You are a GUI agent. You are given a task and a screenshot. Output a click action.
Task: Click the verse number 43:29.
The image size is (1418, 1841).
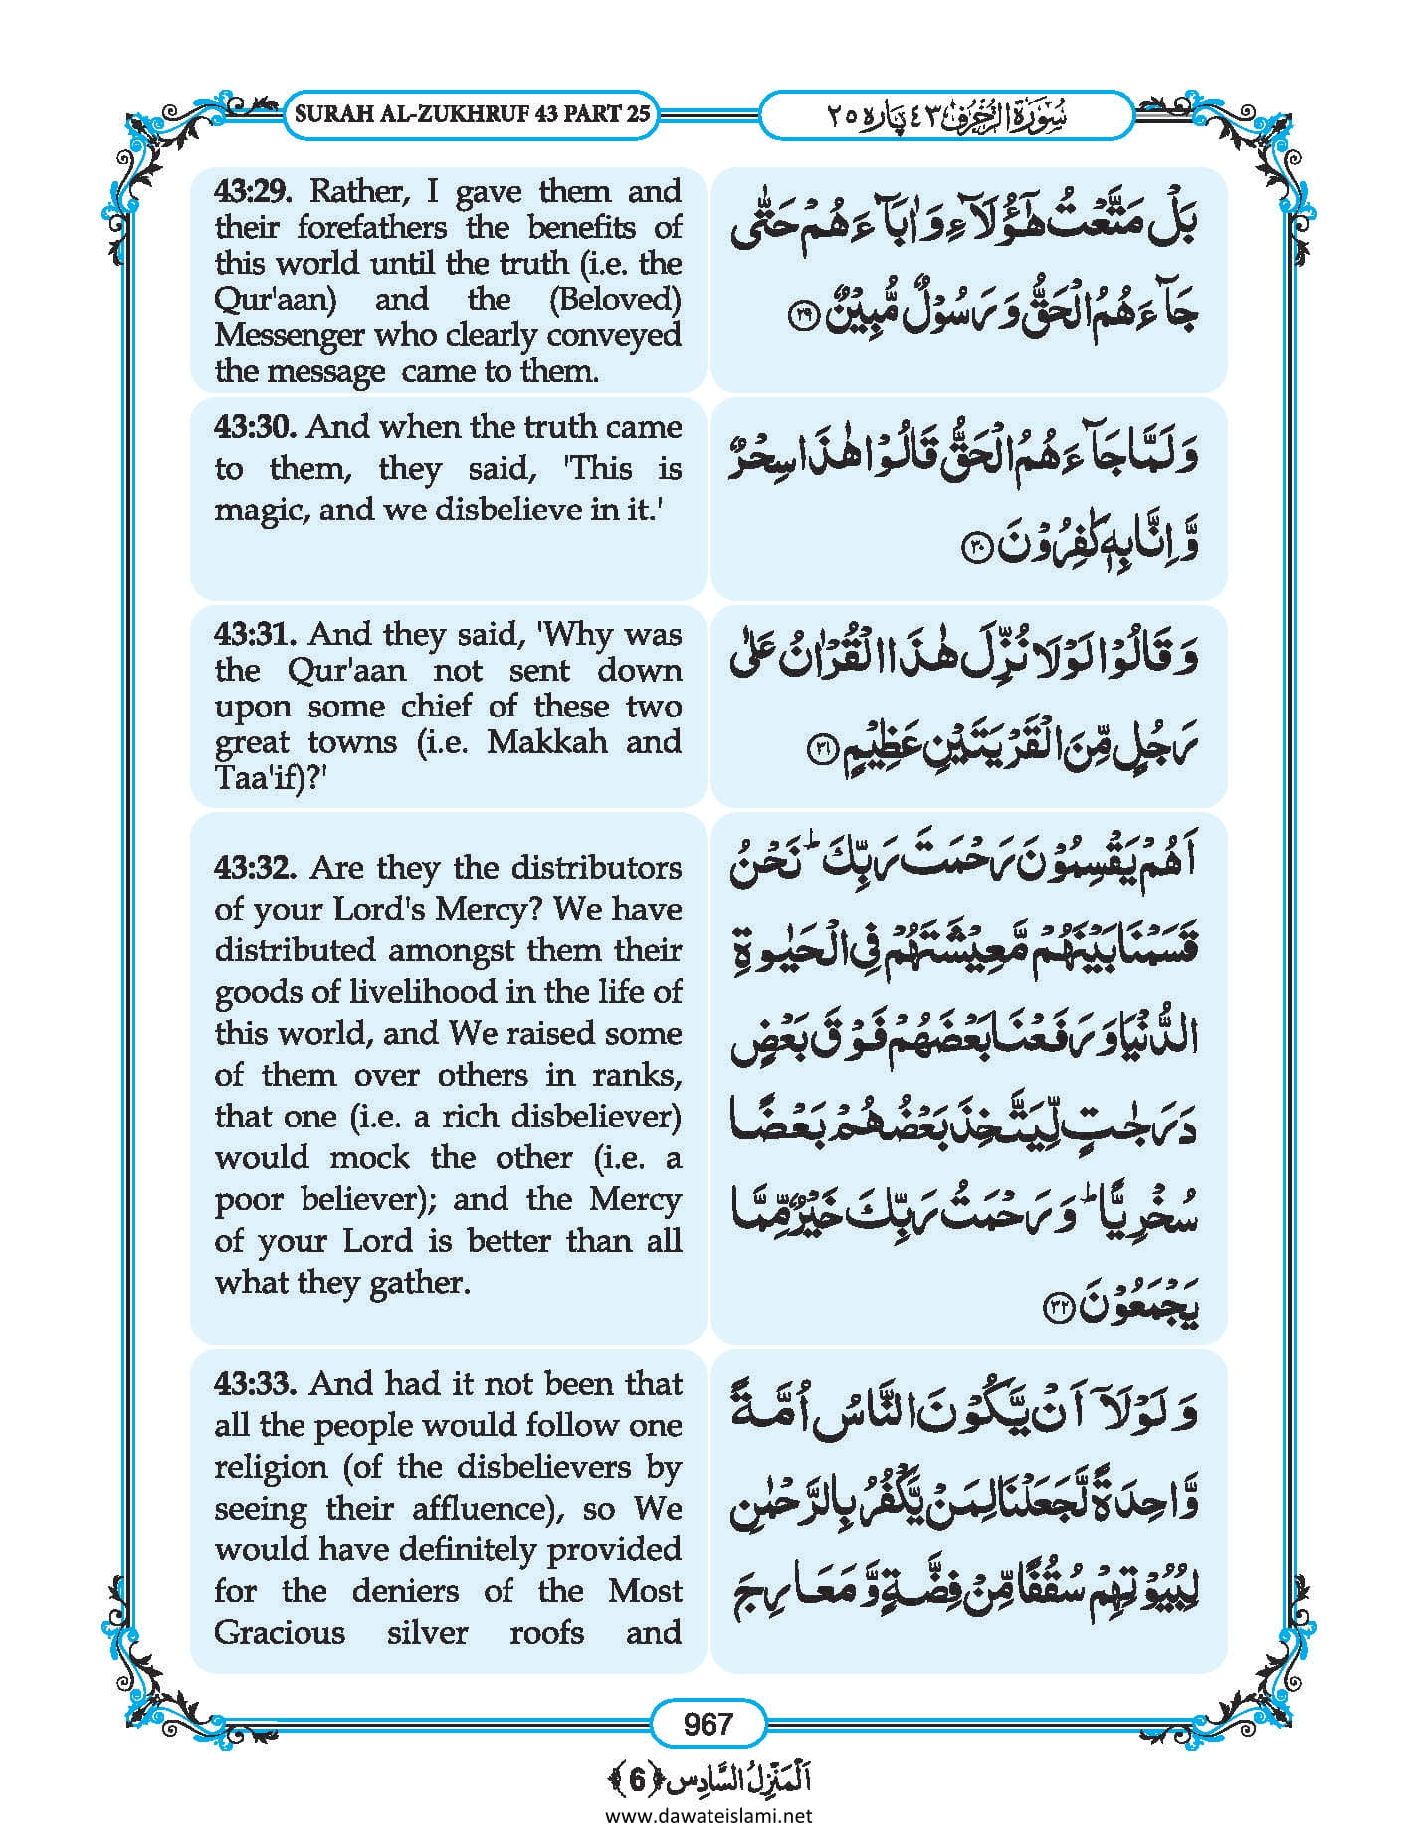(256, 191)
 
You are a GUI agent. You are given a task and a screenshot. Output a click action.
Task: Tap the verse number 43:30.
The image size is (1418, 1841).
(255, 428)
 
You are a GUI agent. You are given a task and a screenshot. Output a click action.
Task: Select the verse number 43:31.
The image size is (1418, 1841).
(256, 635)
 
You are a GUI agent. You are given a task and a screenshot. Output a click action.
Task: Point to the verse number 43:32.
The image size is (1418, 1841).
(256, 869)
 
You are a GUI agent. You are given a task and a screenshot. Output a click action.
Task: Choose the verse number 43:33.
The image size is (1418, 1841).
(256, 1384)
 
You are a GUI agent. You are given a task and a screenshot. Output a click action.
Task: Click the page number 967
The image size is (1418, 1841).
(708, 1723)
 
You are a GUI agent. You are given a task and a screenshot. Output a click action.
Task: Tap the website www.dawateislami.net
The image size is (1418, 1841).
(708, 1815)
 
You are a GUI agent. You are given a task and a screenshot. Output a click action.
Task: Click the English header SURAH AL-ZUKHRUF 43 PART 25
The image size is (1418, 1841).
(473, 113)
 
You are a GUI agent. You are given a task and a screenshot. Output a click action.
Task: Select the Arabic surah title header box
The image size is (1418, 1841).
(945, 114)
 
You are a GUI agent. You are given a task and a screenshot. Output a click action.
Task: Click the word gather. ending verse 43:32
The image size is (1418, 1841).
(420, 1283)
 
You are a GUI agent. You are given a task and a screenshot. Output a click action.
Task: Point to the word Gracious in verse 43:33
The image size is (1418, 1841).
(280, 1633)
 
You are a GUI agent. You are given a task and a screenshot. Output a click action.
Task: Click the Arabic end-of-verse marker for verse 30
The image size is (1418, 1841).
(974, 547)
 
